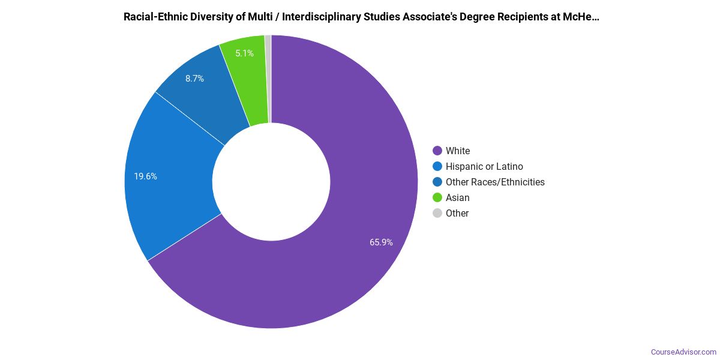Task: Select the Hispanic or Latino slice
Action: [x=168, y=180]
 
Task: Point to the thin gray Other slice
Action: [x=268, y=78]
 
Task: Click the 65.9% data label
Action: [x=381, y=242]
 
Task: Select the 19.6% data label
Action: [x=145, y=176]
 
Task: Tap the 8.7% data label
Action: [x=194, y=79]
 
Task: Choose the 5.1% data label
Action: [x=244, y=53]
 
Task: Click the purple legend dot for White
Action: [x=437, y=151]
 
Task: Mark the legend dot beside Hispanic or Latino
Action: [x=437, y=166]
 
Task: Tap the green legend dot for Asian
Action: [x=437, y=197]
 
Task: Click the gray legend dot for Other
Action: [x=437, y=213]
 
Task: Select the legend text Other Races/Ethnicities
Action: [x=495, y=182]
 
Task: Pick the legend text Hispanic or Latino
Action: [x=484, y=166]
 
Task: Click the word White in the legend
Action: [x=458, y=151]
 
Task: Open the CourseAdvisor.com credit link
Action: [x=683, y=352]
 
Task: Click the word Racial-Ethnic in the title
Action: [x=154, y=17]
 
